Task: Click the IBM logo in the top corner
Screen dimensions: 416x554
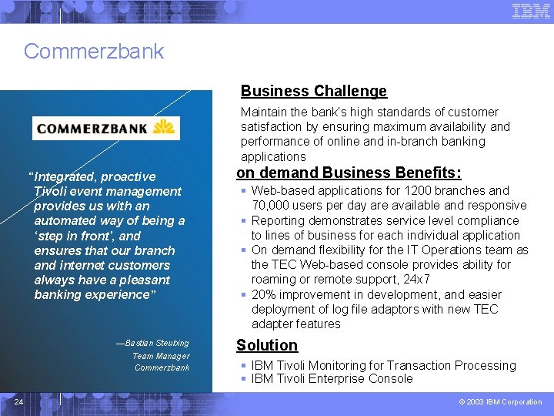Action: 531,11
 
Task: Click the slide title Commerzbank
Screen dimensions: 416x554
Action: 94,52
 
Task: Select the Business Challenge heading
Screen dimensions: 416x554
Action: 313,91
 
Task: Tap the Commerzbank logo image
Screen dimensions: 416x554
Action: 105,127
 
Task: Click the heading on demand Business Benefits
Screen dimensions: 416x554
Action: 349,173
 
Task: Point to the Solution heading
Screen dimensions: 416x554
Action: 267,345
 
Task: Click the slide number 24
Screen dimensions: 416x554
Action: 18,401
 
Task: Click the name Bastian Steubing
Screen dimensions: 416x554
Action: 156,343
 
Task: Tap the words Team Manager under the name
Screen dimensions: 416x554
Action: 160,356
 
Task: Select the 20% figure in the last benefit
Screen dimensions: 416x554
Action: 264,294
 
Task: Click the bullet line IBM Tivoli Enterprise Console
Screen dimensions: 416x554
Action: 332,379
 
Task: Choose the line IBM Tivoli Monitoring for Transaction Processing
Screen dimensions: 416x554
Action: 383,365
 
